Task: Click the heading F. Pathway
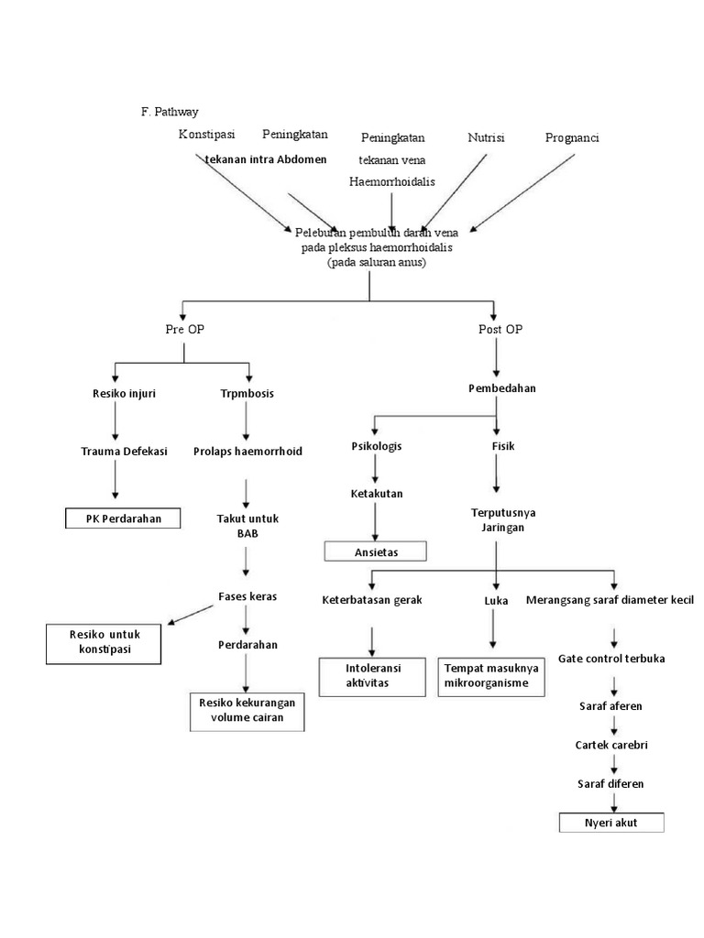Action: click(170, 112)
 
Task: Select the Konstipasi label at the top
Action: click(206, 136)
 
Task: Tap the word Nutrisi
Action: click(486, 137)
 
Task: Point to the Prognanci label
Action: click(572, 137)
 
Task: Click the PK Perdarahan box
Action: click(123, 518)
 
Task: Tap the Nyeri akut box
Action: click(610, 822)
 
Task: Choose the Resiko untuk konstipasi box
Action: click(103, 642)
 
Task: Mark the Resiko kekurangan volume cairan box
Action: click(247, 711)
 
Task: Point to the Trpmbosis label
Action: click(247, 393)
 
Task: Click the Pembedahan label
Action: click(501, 387)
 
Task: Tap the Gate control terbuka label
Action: click(611, 659)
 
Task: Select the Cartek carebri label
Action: click(611, 745)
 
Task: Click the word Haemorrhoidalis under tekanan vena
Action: click(391, 181)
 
